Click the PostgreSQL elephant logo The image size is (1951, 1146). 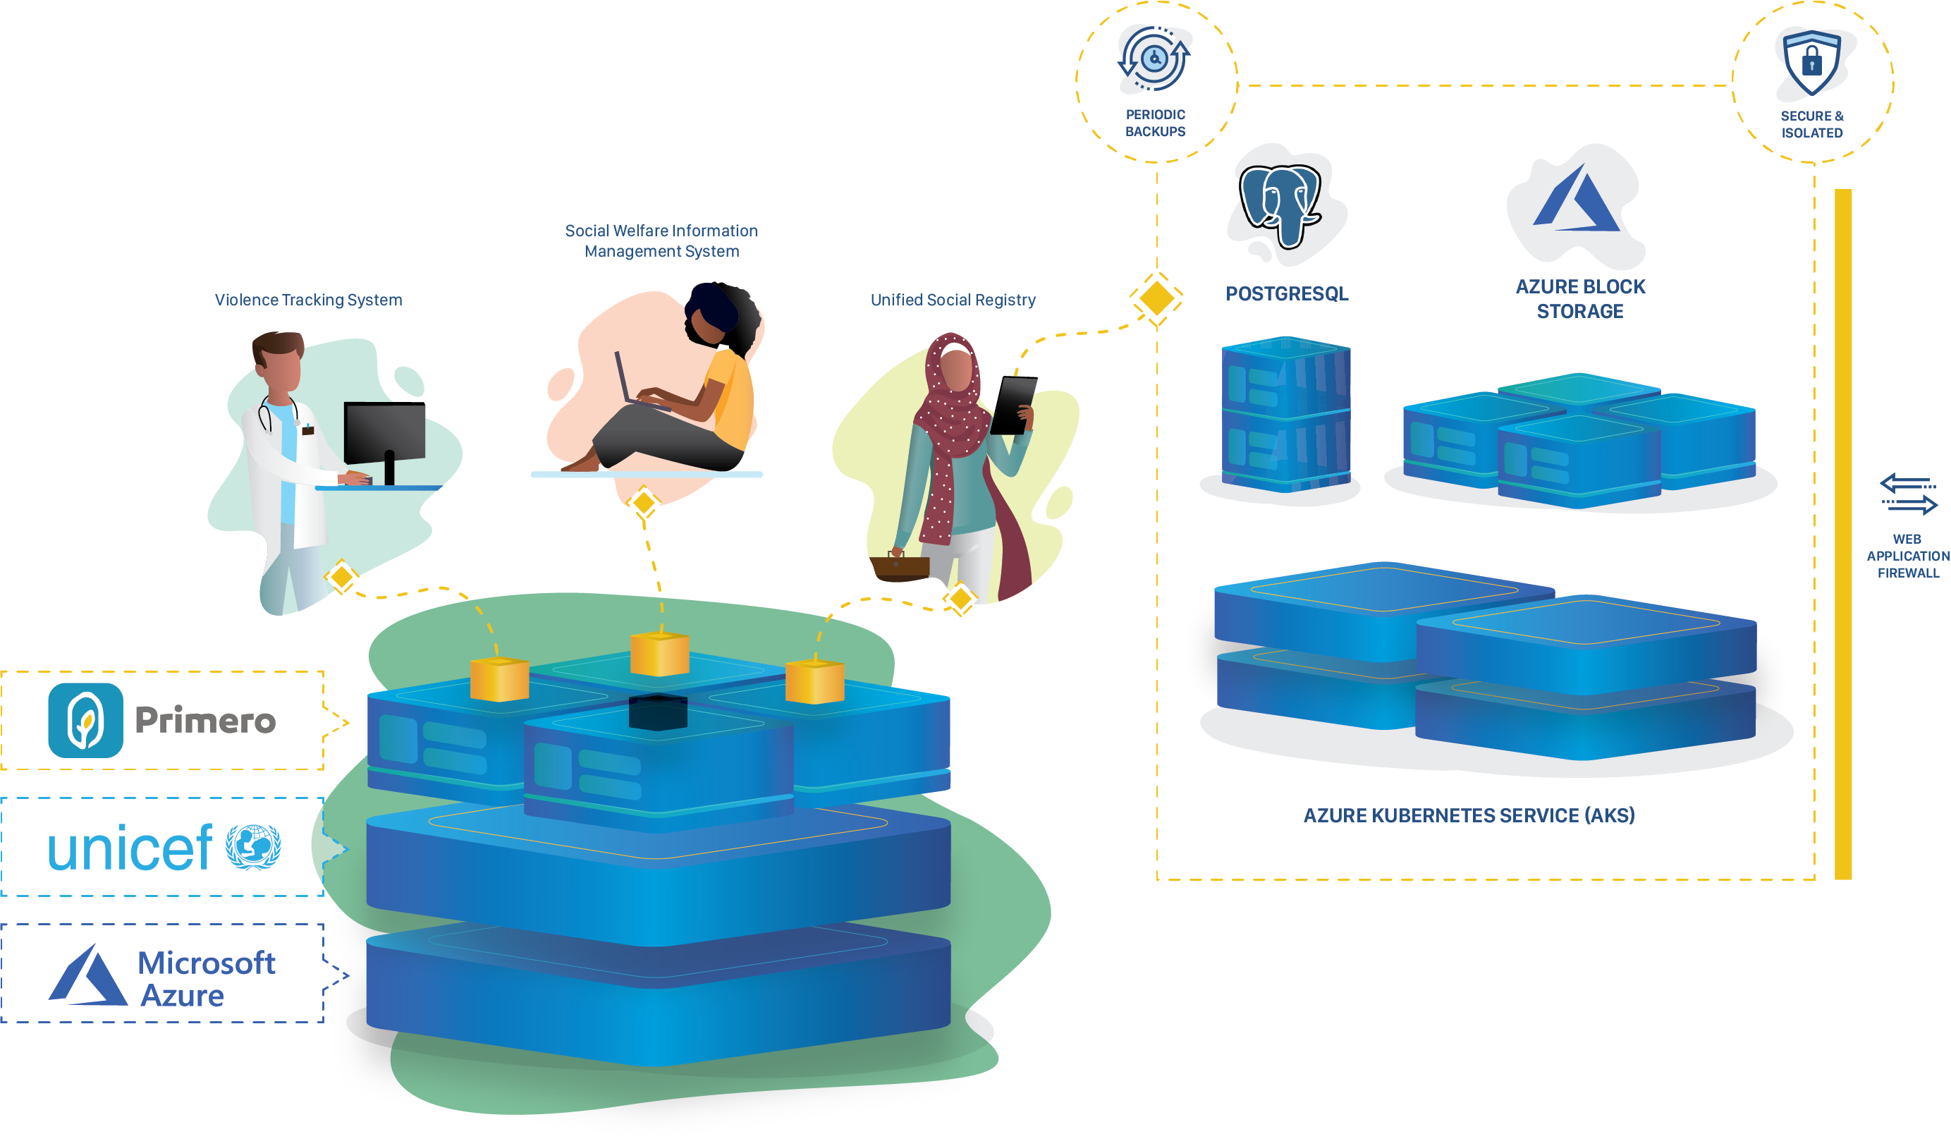1281,205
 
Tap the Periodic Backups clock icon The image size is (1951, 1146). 1154,59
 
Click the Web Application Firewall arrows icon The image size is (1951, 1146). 1908,494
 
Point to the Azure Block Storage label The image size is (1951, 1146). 1579,299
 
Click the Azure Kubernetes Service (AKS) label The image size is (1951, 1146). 1469,815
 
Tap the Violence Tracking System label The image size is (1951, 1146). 308,300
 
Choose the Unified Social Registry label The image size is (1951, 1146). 953,300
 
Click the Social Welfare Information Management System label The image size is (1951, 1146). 661,240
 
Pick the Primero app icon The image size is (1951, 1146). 85,720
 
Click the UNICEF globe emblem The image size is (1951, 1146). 252,847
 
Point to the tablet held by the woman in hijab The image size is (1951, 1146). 1013,405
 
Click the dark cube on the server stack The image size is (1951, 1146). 657,712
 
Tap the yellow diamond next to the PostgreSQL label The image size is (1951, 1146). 1156,298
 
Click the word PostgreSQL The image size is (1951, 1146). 1286,294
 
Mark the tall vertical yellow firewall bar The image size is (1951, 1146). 1842,535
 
